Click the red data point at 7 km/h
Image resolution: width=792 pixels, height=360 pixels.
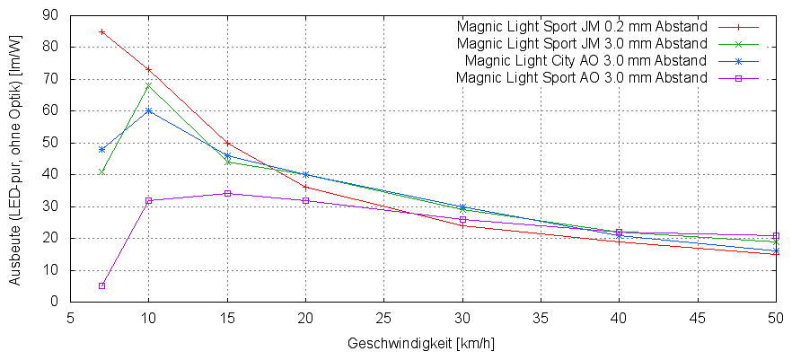[101, 31]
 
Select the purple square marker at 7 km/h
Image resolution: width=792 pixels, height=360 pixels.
[101, 285]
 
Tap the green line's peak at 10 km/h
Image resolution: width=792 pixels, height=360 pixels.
[148, 85]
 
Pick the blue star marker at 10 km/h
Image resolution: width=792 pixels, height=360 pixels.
[148, 110]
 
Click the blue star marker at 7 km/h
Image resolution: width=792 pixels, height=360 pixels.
[101, 149]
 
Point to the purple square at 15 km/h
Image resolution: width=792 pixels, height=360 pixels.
[227, 193]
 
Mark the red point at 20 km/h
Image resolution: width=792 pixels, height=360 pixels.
[305, 187]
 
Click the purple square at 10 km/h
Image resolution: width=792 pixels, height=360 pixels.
[148, 200]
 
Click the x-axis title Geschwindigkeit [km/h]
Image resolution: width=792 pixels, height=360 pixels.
[420, 344]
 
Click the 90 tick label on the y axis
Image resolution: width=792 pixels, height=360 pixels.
[50, 15]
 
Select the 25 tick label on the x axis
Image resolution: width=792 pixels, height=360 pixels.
[384, 317]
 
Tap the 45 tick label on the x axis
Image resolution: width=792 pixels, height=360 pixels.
[697, 317]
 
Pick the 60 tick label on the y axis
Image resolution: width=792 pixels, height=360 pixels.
[50, 110]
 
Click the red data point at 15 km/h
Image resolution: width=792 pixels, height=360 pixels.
[227, 143]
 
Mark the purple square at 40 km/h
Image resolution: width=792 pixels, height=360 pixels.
[619, 232]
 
